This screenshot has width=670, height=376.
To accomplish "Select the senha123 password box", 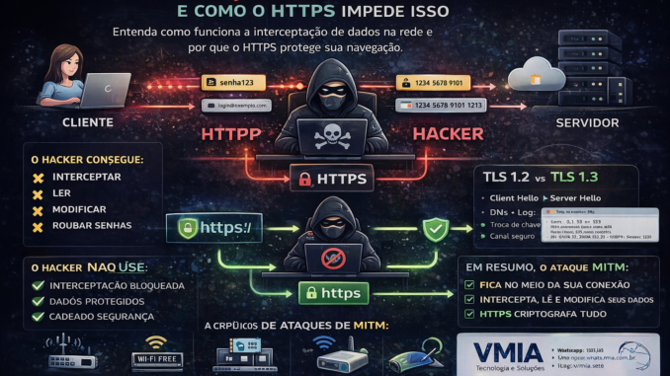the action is point(236,83).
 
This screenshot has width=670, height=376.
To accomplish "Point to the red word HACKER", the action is point(447,132).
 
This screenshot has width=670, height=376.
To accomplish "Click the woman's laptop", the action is point(102,92).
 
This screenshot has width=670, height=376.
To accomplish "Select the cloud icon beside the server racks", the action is point(531,76).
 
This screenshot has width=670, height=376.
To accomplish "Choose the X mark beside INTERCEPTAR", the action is point(39,179).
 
